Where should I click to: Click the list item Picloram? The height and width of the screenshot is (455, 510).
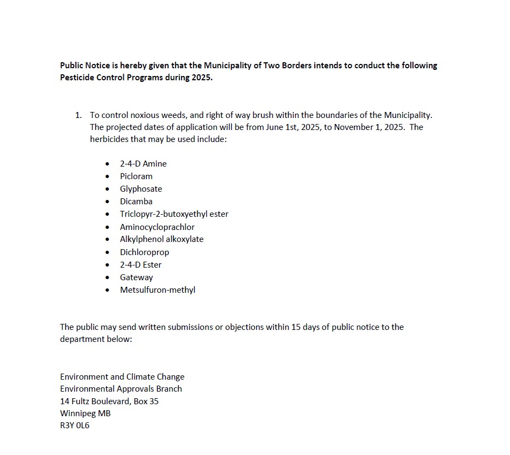(136, 176)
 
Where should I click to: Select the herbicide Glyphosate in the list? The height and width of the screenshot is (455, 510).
(141, 189)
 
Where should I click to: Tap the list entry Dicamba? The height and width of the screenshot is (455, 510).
(136, 202)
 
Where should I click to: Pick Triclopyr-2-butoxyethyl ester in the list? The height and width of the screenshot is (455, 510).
(174, 214)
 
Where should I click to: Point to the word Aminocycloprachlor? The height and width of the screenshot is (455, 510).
(157, 227)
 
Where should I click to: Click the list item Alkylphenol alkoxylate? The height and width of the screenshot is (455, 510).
(161, 239)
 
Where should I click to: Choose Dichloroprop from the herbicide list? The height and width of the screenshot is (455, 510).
(145, 252)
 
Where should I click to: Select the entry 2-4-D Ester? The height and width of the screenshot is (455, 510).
(141, 265)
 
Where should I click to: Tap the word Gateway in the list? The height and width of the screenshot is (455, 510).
(136, 277)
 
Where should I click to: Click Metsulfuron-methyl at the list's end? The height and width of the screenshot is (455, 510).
(158, 290)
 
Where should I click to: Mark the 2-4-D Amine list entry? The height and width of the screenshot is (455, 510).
(143, 164)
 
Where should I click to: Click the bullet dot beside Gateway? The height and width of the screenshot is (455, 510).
(107, 277)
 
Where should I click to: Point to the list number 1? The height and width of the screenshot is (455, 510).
(78, 115)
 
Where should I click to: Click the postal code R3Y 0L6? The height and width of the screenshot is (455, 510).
(75, 426)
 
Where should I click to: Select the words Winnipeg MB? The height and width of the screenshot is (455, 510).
(85, 413)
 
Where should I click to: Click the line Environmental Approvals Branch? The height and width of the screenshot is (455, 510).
(121, 389)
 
